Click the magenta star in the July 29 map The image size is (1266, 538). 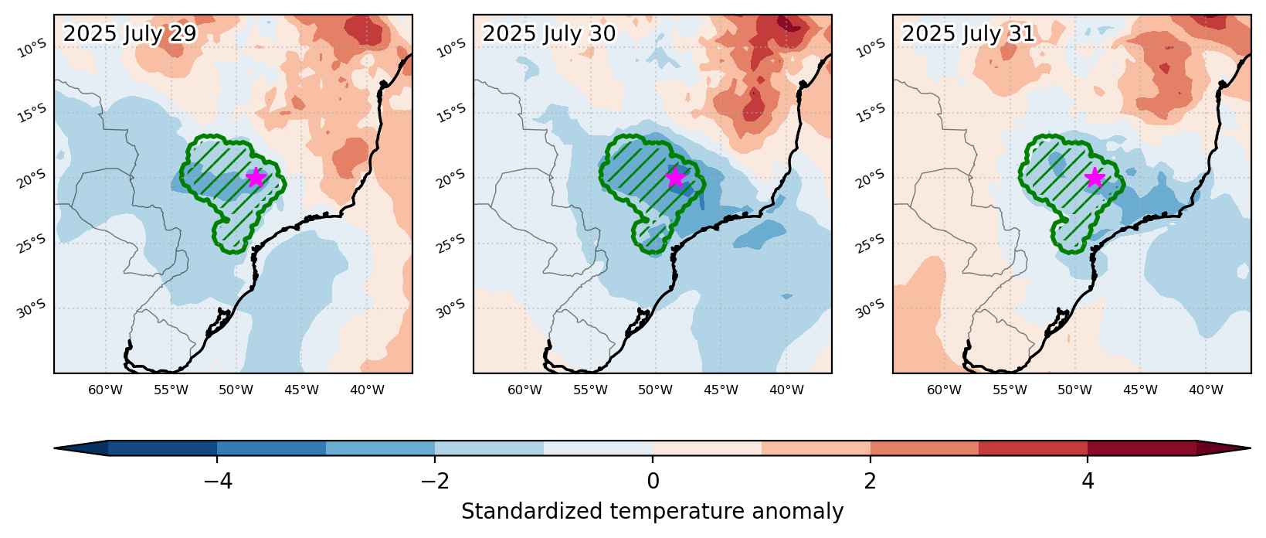(256, 177)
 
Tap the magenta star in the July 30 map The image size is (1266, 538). (675, 177)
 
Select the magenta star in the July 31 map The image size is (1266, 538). (1095, 177)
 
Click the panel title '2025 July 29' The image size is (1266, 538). (130, 34)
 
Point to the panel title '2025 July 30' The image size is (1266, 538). (549, 34)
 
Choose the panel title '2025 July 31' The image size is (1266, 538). (968, 34)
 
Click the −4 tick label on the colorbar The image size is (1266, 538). (217, 481)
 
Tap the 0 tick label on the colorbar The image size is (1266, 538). (653, 481)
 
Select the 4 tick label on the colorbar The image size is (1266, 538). (1088, 481)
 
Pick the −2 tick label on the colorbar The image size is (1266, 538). (435, 481)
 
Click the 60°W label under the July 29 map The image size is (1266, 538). (105, 390)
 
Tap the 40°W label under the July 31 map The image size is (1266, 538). (1206, 390)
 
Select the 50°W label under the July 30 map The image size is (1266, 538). (656, 390)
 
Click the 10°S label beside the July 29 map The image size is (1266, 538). (32, 49)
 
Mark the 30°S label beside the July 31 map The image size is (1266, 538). (871, 309)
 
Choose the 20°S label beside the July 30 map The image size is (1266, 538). (452, 179)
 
